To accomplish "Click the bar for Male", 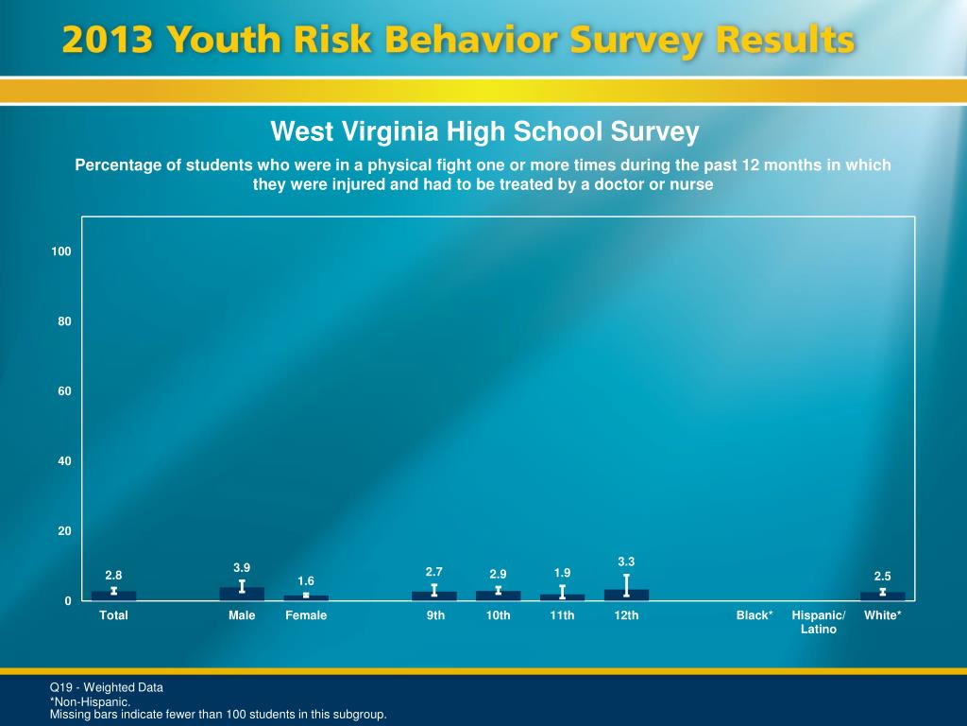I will (x=242, y=595).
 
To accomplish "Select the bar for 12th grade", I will (x=626, y=596).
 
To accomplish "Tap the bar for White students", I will (x=882, y=596).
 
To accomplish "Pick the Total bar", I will (x=113, y=596).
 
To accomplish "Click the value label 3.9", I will (x=242, y=567).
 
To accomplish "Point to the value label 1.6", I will (x=306, y=580).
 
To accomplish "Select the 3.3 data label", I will (x=626, y=562).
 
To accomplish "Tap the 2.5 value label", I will (x=882, y=575).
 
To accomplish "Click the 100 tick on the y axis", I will (x=62, y=251).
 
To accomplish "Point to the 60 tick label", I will (x=65, y=391).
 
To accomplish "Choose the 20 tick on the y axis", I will (x=65, y=531).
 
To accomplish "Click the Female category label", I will (x=306, y=615).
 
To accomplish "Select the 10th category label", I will (x=498, y=615).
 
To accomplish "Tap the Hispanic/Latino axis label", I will (x=819, y=622).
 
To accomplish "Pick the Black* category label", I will (x=755, y=615).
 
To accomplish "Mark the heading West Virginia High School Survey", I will (x=484, y=131).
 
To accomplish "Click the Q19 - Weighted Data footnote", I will (x=107, y=687).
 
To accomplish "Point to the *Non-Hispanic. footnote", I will (x=90, y=702).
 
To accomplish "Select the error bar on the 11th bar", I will (x=562, y=592).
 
